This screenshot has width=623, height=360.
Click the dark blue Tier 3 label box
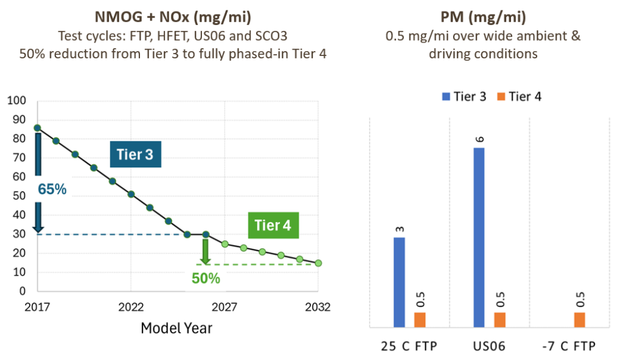[136, 154]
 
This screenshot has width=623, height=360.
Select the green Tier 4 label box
[273, 225]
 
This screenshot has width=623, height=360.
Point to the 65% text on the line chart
[52, 189]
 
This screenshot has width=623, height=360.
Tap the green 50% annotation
[206, 278]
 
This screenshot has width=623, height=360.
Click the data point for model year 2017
[37, 128]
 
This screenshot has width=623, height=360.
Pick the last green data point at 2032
[318, 263]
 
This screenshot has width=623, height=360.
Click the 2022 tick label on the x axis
[131, 306]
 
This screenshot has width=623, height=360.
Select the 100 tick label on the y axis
[16, 100]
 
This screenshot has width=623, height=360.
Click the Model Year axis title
[176, 328]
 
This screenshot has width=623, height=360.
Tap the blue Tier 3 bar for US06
[479, 238]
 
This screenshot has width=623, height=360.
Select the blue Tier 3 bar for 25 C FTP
[399, 283]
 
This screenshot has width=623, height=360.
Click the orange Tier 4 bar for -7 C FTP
[580, 320]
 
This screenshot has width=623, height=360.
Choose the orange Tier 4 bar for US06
[500, 320]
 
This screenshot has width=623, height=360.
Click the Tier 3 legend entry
[464, 97]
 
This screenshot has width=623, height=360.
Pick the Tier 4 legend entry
[520, 97]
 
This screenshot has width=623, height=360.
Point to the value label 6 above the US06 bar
[480, 139]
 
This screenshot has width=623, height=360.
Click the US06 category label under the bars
[489, 346]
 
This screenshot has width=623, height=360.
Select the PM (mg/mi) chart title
[483, 17]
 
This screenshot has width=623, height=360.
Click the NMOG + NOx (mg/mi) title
[173, 17]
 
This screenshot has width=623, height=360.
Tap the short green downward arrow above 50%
[206, 252]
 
